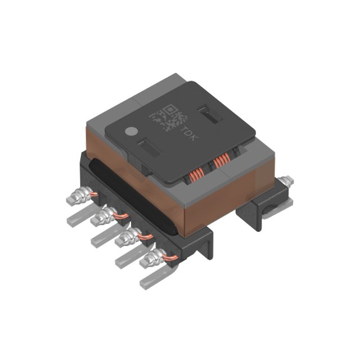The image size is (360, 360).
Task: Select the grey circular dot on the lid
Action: [130, 132]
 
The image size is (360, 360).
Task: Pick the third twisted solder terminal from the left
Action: [128, 236]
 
